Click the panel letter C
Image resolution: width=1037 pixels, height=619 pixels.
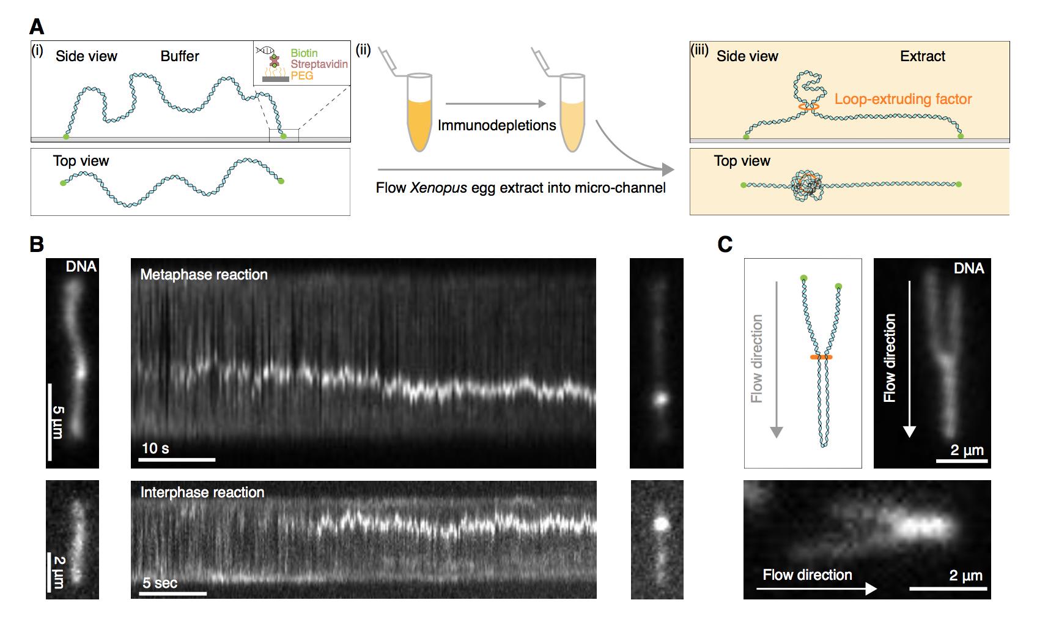click(x=725, y=245)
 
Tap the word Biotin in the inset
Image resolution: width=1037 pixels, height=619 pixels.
click(x=304, y=53)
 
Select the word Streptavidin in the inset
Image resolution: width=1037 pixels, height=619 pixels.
click(x=319, y=64)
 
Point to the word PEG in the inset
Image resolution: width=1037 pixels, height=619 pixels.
click(x=302, y=75)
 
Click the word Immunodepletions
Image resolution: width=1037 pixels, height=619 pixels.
click(x=496, y=126)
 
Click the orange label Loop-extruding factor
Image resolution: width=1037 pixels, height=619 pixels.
click(x=902, y=99)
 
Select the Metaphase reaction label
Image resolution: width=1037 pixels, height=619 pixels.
click(x=204, y=275)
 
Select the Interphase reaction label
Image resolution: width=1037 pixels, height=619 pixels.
click(x=202, y=492)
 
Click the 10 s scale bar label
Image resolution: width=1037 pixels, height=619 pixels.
click(x=155, y=448)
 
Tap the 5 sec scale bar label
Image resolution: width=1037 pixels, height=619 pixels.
click(x=160, y=583)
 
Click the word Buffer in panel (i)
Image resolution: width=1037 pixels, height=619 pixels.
click(x=180, y=56)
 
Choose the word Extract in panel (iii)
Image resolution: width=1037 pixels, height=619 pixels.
click(x=922, y=56)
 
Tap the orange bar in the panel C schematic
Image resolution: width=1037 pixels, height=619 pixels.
click(x=821, y=357)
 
